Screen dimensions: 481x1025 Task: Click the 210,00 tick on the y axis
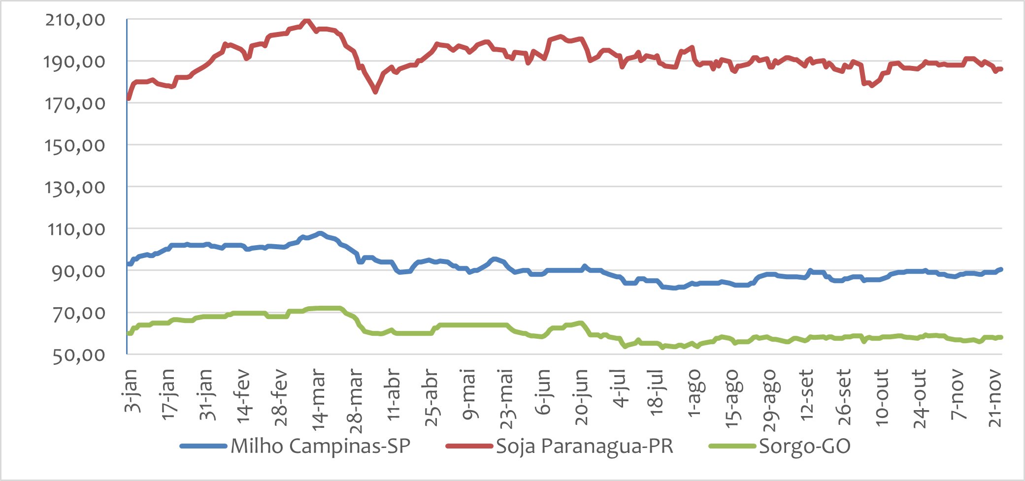click(75, 20)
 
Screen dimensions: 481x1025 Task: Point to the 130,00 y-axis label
click(75, 187)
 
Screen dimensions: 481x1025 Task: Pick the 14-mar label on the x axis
click(319, 396)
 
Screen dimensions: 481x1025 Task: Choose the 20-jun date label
click(582, 397)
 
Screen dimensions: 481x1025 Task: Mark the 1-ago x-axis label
click(694, 393)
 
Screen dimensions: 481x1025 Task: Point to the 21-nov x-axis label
click(995, 398)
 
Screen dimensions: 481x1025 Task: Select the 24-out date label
click(920, 398)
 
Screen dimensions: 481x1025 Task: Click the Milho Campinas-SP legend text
click(320, 446)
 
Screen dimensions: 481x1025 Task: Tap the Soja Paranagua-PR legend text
click(584, 446)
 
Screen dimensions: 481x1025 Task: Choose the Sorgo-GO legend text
click(804, 446)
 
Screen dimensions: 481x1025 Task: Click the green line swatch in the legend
click(732, 447)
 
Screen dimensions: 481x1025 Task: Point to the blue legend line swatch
click(203, 447)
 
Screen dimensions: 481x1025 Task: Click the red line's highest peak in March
click(306, 20)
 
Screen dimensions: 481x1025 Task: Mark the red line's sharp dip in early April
click(375, 92)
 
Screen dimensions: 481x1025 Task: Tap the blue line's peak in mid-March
click(320, 233)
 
